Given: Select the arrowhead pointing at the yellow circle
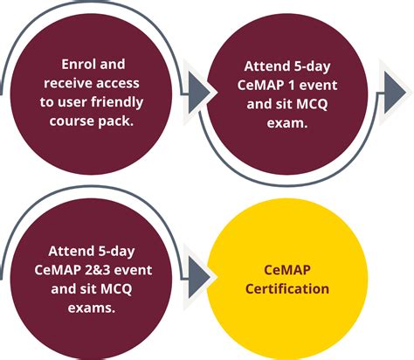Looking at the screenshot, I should (199, 278).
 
